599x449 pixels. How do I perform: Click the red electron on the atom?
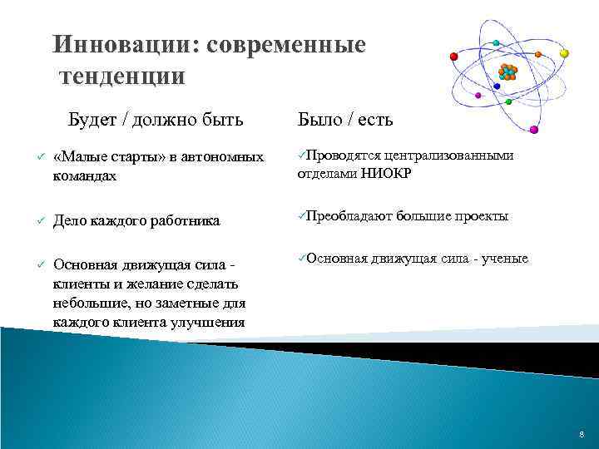(x=453, y=57)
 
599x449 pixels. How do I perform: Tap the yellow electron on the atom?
(x=564, y=53)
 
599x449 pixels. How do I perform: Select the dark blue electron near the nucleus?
(x=497, y=86)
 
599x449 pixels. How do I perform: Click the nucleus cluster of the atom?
(x=508, y=72)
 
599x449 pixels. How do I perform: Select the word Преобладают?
(x=349, y=216)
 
